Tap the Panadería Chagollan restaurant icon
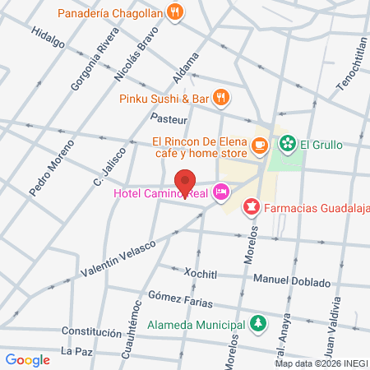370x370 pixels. (173, 12)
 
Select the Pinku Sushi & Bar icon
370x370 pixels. (220, 98)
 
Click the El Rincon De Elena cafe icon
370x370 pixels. (260, 145)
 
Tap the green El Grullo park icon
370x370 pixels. (287, 145)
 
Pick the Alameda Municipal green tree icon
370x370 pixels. (258, 322)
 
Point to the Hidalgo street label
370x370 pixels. (47, 39)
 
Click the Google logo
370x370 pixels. (27, 359)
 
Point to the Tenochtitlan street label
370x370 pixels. (349, 58)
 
